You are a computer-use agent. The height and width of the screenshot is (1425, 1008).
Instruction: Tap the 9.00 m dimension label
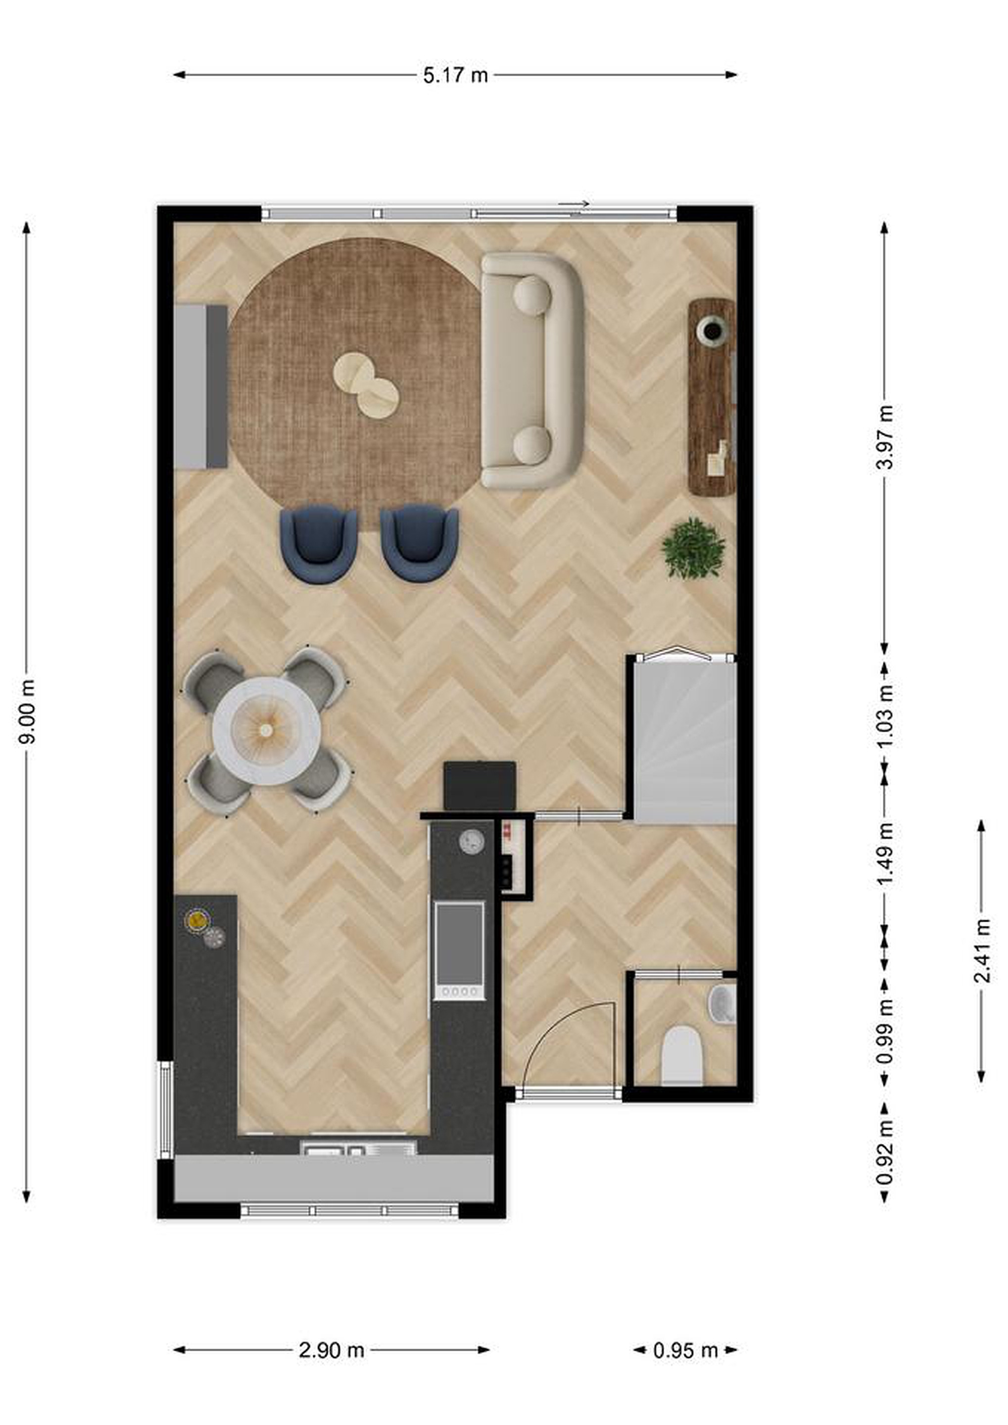[x=27, y=711]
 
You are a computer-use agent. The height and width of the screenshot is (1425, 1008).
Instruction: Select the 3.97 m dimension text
[x=886, y=437]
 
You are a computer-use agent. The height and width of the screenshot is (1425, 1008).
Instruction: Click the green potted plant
[x=693, y=549]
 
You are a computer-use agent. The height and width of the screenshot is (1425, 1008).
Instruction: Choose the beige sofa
[x=532, y=371]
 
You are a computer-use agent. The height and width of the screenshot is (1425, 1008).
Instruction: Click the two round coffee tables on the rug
[x=366, y=385]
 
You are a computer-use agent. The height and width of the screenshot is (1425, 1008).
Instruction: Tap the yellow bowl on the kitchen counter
[x=196, y=919]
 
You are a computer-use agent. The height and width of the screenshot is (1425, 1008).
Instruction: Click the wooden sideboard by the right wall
[x=712, y=397]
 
